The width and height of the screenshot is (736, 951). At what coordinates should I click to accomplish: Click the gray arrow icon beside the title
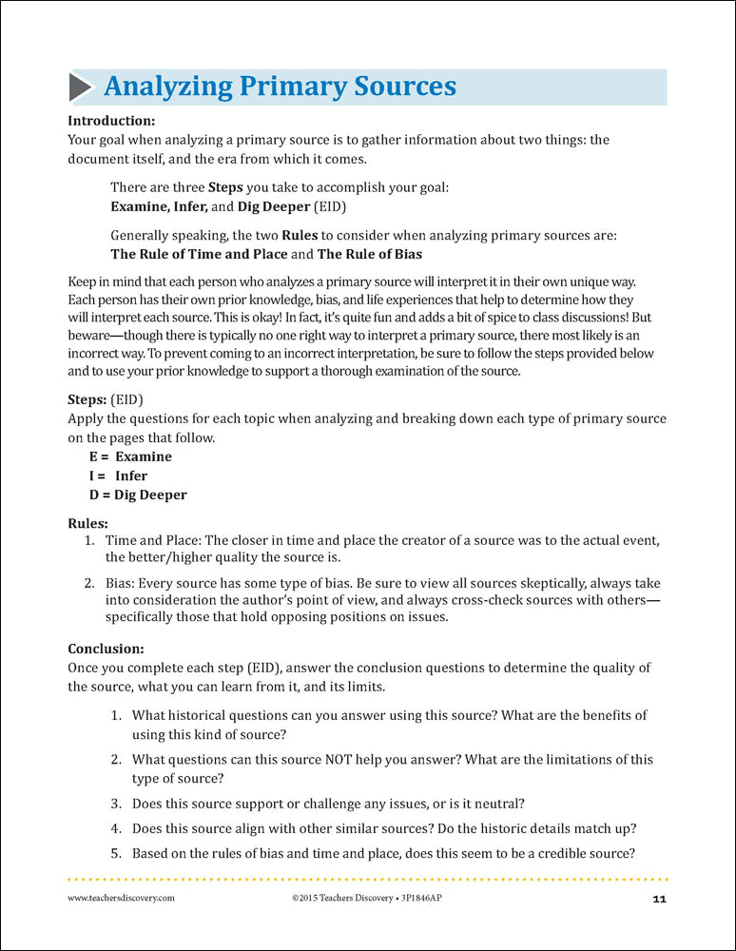(80, 87)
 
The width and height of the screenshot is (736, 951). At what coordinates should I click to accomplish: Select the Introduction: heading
(111, 121)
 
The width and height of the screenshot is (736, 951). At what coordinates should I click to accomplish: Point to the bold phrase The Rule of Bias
(370, 254)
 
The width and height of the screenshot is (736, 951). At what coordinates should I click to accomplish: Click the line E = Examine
(130, 456)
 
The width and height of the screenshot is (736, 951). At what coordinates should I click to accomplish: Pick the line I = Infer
(119, 475)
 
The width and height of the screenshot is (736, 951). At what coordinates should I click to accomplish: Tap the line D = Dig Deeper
(138, 495)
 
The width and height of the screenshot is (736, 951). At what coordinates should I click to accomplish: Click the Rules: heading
(88, 522)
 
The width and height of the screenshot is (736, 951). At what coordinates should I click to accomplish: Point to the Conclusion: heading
(107, 649)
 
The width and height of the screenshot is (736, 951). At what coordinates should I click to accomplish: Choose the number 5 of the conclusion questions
(115, 852)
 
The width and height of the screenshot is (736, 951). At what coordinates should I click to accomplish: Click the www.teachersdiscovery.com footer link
(121, 899)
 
